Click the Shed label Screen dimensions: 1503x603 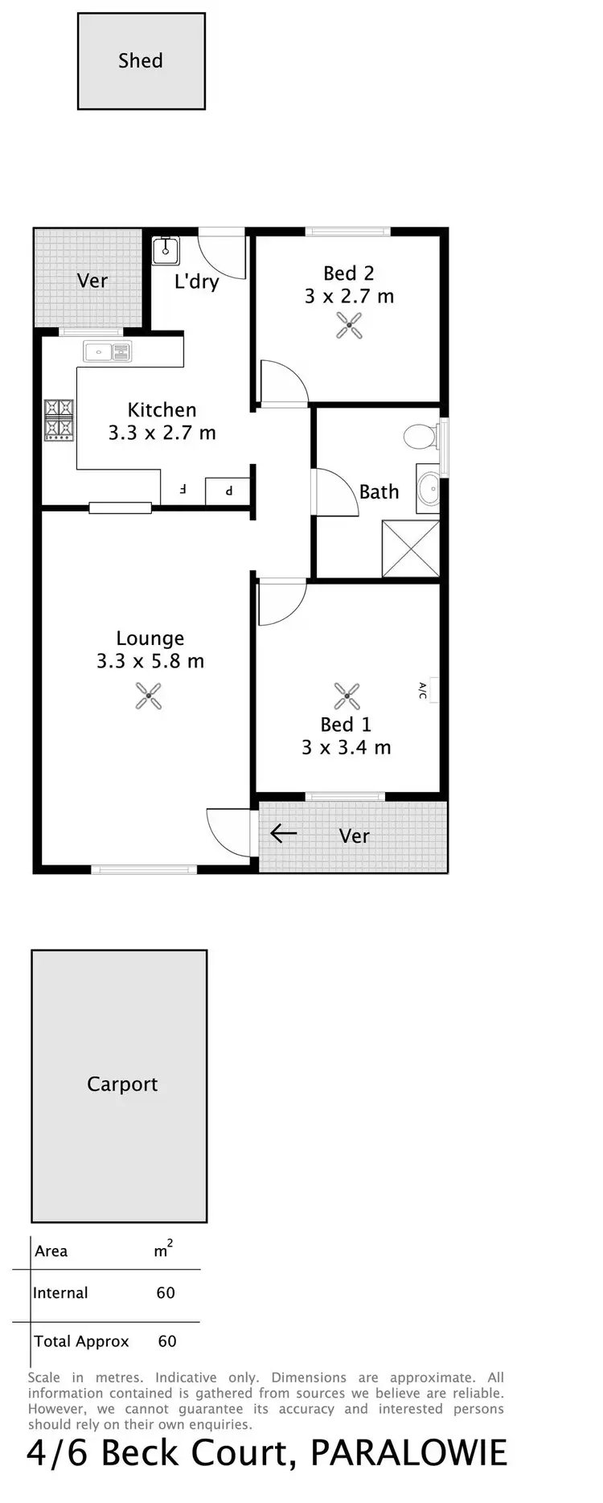click(x=141, y=61)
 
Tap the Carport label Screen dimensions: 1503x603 click(x=122, y=1084)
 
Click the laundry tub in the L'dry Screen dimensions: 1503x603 click(x=166, y=250)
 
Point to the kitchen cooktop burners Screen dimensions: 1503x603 click(x=59, y=420)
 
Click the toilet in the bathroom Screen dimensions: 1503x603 click(x=420, y=437)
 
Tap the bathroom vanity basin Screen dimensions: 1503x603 click(x=429, y=488)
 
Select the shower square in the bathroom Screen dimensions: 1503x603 click(x=411, y=548)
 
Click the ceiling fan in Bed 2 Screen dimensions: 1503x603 click(x=349, y=326)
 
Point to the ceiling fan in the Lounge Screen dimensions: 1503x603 click(x=149, y=696)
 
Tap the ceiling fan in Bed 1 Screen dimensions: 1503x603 click(x=347, y=696)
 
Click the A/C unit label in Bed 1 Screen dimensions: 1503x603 click(x=423, y=690)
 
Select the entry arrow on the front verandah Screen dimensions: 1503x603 click(x=283, y=833)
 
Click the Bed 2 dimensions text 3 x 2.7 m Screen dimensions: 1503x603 click(x=349, y=297)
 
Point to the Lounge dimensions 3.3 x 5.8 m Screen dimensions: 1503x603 click(x=150, y=662)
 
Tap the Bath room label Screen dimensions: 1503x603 click(x=379, y=491)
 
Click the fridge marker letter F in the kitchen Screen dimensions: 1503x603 click(x=183, y=489)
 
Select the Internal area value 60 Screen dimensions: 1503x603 click(x=166, y=1293)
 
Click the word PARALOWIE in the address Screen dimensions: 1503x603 click(x=408, y=1454)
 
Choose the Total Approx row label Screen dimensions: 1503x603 click(x=81, y=1341)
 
